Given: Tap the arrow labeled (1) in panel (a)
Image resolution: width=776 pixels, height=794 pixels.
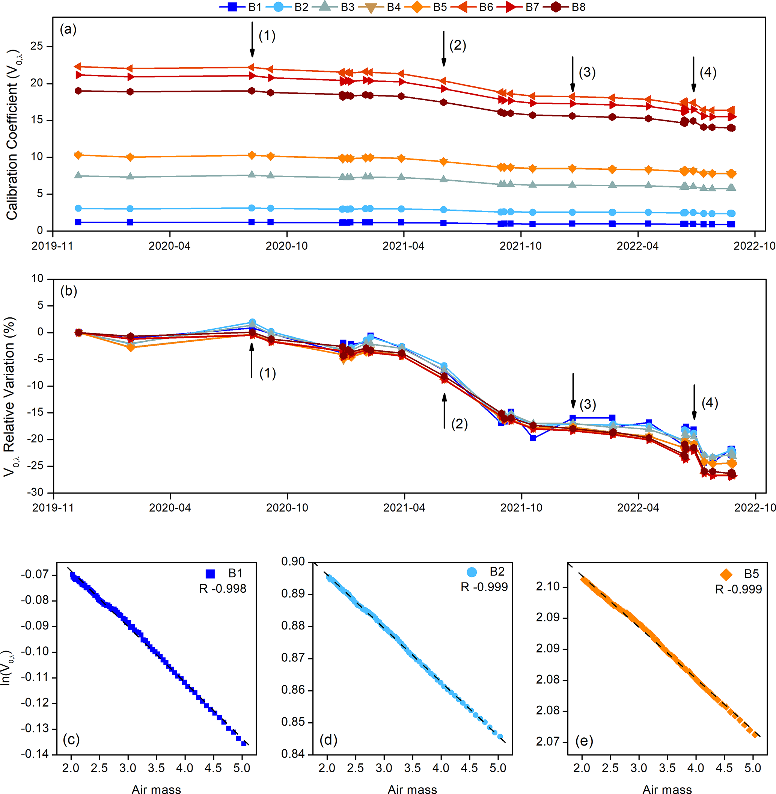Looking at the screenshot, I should [252, 39].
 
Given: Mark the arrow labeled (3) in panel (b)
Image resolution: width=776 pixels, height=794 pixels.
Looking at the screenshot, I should [573, 391].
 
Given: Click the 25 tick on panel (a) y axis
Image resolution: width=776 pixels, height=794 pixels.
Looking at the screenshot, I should [37, 46].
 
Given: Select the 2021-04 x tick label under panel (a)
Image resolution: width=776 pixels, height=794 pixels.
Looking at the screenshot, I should [404, 246].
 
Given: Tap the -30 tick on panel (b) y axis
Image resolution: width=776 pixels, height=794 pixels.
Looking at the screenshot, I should [35, 492].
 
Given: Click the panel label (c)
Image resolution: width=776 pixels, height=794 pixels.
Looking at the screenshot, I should [71, 740].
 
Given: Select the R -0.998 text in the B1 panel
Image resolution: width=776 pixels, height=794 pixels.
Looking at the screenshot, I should [223, 589].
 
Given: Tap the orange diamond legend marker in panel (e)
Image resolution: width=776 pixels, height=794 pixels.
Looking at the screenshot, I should [726, 574].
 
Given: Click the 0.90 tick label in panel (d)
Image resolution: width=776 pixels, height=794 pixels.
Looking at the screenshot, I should [293, 562].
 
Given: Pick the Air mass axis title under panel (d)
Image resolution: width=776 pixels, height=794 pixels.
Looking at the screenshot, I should [412, 789].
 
